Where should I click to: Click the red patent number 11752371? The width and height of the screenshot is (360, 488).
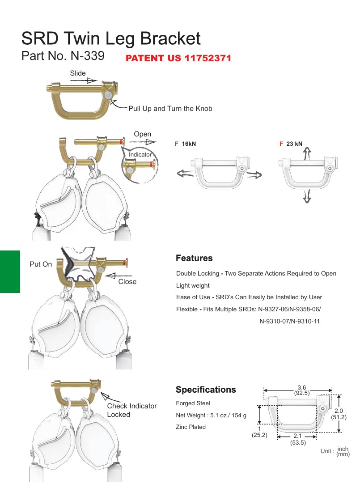208,58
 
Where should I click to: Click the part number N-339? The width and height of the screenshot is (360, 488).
88,56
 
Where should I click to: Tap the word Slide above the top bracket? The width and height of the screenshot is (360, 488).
78,73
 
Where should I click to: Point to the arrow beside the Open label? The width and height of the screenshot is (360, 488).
143,142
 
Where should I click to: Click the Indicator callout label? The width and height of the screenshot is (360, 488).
140,154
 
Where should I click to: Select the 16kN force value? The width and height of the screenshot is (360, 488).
189,144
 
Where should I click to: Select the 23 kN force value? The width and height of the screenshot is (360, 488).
294,144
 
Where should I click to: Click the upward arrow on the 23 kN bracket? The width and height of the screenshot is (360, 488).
307,153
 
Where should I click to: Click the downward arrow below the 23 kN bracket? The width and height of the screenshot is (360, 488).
307,196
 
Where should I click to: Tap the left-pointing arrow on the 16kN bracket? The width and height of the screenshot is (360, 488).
185,174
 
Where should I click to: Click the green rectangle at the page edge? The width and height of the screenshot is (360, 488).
10,272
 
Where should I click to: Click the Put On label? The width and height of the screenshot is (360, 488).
41,264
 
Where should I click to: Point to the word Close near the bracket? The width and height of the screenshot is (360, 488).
127,282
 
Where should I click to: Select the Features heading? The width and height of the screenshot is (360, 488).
194,258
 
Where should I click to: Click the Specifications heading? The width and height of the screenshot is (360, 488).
206,390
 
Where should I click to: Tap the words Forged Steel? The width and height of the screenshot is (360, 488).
193,403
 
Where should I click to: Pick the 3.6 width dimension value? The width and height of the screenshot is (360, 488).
302,387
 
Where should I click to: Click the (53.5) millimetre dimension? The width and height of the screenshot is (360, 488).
298,442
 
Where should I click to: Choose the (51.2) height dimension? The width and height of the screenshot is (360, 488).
339,417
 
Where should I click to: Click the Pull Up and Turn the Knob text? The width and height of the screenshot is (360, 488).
170,109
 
